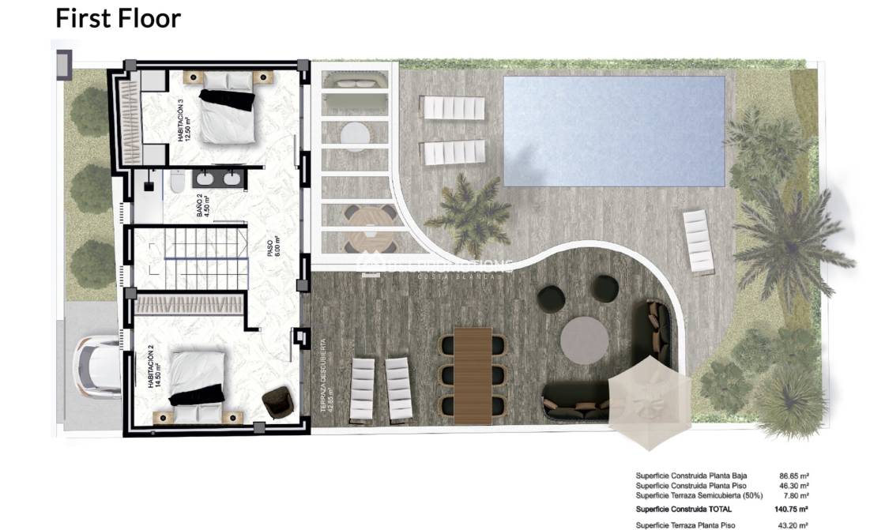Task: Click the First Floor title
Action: [x=118, y=17]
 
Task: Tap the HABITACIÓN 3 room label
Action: [x=184, y=120]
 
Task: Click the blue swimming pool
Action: [x=614, y=130]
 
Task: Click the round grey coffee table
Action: [x=584, y=340]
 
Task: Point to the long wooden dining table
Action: [x=473, y=374]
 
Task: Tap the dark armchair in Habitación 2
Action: [x=276, y=403]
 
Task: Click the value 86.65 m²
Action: [x=793, y=476]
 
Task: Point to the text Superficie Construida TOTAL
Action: [x=684, y=509]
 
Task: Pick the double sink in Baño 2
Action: [x=217, y=179]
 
